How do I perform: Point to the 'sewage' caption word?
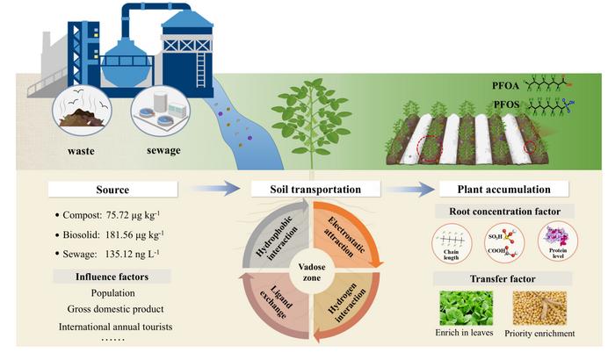pyautogui.click(x=164, y=151)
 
